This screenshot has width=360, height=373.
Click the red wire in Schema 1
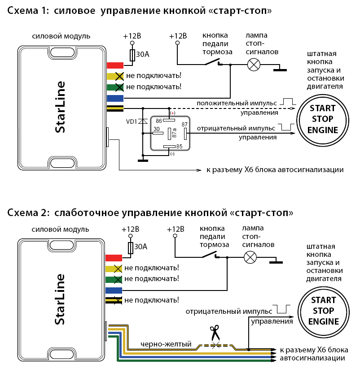point(115,65)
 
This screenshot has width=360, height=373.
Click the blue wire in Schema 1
point(115,98)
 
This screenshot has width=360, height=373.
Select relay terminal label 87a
point(174,133)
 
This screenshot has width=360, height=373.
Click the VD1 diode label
point(131,121)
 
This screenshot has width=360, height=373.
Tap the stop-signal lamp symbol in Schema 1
point(254,65)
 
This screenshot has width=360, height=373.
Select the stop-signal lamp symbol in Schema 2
point(250,256)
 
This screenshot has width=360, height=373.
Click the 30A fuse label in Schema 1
point(142,54)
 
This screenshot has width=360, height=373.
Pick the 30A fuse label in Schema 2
point(141,247)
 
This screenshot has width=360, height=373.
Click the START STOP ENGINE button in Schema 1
point(323,119)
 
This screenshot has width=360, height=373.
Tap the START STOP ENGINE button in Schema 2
point(323,311)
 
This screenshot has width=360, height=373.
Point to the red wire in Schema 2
point(114,258)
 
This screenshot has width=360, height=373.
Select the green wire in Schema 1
point(115,87)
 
